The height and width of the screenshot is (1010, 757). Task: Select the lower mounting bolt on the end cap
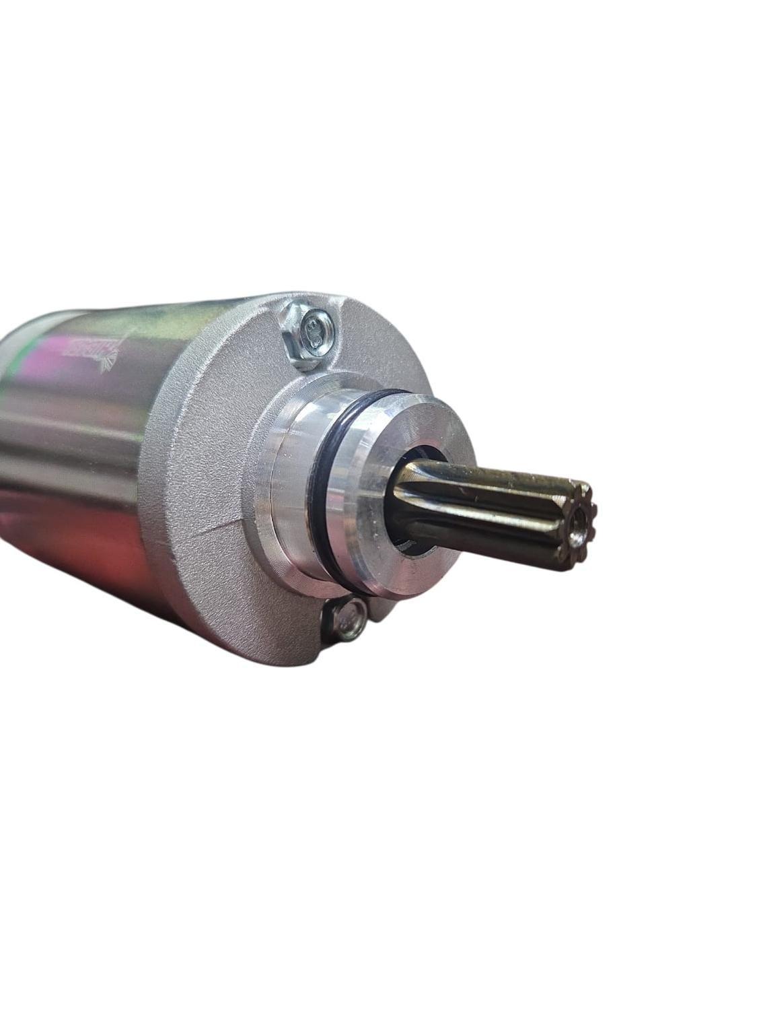point(345,617)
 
